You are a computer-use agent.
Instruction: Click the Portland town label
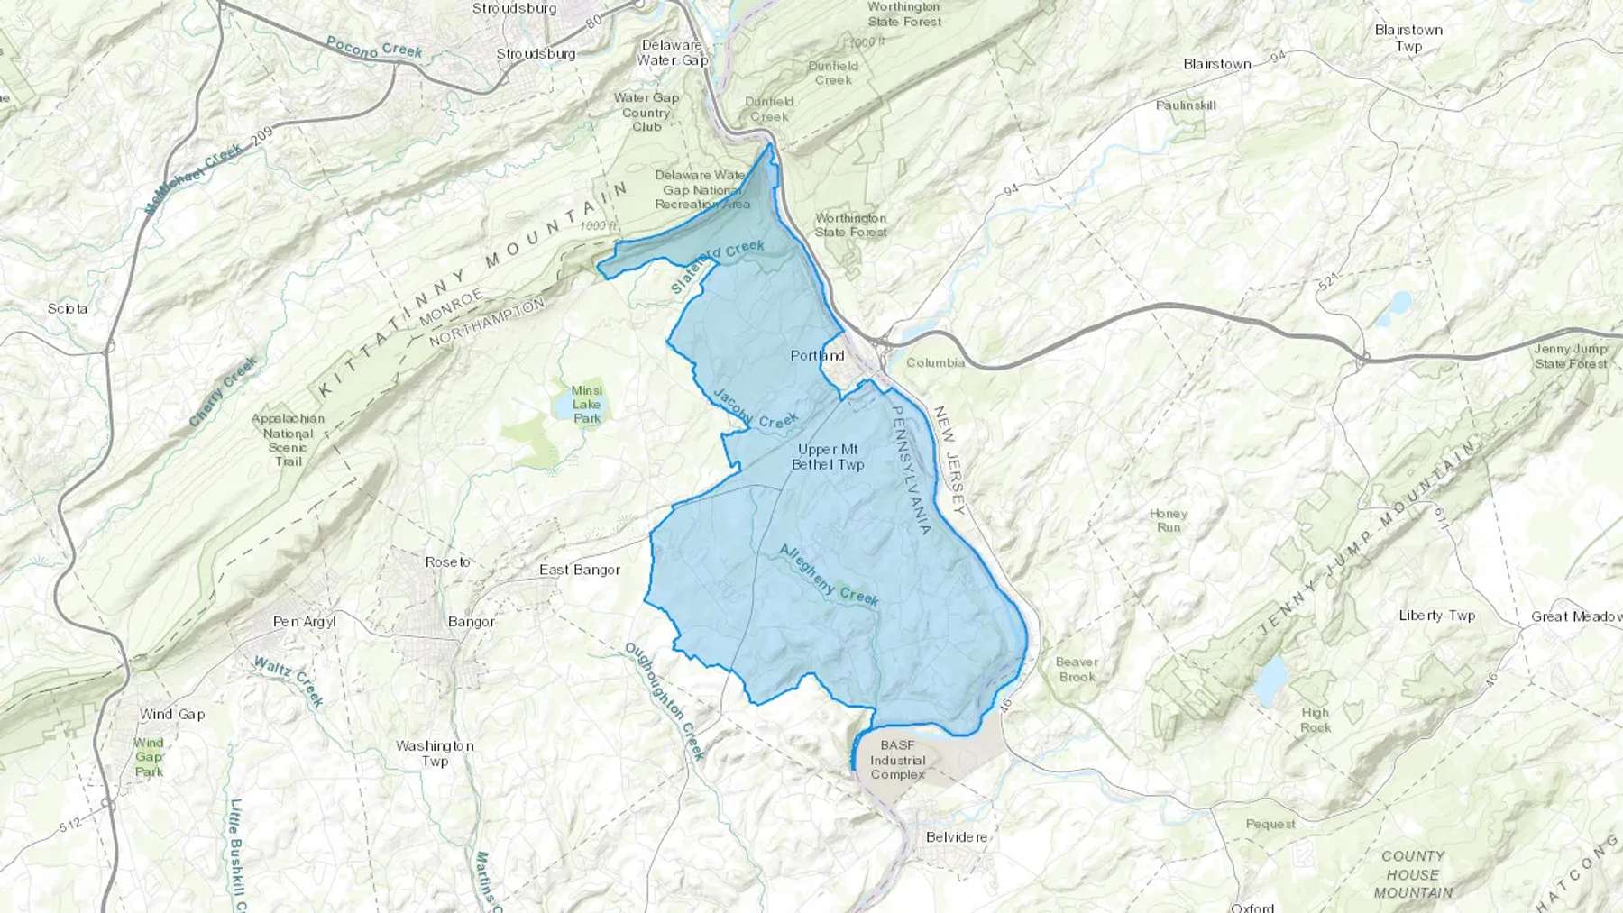click(x=817, y=355)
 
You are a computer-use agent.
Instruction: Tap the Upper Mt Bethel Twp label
click(x=827, y=457)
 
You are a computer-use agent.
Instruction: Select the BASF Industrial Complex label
click(x=897, y=760)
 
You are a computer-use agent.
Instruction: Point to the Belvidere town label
click(x=956, y=836)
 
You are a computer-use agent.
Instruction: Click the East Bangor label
click(x=580, y=570)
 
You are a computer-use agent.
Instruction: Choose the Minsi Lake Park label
click(x=587, y=405)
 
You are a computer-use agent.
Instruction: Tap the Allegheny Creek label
click(x=828, y=574)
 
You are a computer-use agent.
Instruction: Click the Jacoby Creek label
click(x=756, y=408)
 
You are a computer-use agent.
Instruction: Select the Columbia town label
click(x=935, y=362)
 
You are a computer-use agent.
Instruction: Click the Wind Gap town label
click(x=172, y=714)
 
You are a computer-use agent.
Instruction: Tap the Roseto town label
click(x=447, y=561)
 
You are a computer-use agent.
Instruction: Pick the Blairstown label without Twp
click(x=1217, y=64)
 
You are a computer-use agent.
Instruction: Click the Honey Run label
click(x=1168, y=520)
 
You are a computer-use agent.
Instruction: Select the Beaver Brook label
click(x=1077, y=669)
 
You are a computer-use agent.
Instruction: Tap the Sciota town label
click(x=68, y=308)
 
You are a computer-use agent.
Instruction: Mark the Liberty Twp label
click(x=1436, y=616)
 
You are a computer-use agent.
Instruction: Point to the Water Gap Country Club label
click(x=646, y=112)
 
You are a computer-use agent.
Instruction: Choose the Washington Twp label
click(x=435, y=753)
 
